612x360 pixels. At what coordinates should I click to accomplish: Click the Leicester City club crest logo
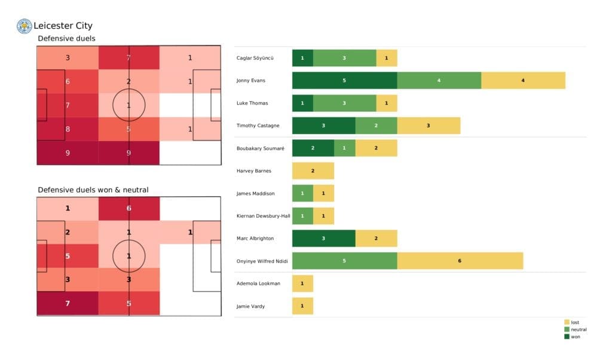pos(24,26)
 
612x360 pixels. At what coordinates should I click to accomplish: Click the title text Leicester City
pos(63,26)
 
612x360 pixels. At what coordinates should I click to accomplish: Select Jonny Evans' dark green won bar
pos(344,80)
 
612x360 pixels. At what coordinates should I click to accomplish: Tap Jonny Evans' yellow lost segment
pos(523,80)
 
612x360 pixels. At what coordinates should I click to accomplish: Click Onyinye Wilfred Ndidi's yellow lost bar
pos(460,261)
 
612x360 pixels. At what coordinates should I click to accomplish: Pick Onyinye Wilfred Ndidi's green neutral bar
pos(344,261)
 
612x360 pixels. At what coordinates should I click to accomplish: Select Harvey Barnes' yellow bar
pos(313,170)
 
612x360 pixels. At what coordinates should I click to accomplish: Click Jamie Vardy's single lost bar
pos(302,306)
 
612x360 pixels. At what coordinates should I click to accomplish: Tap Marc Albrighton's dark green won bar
pos(323,238)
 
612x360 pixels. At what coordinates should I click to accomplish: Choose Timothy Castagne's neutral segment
pos(376,126)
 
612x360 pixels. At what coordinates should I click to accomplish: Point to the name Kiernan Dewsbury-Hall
pos(264,216)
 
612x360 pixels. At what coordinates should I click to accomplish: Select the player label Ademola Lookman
pos(258,283)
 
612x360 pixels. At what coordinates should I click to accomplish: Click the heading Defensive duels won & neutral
pos(93,190)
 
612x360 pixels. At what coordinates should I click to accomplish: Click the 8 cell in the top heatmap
pos(67,128)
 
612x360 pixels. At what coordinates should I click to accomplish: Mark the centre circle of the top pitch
pos(128,105)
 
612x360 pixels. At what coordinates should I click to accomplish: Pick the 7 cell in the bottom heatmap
pos(67,303)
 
